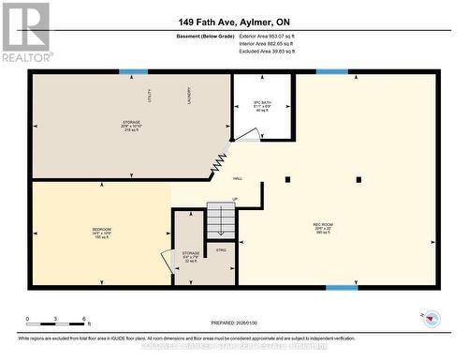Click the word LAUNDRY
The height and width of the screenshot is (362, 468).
coord(188,95)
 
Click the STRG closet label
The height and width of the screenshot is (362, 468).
coord(222,249)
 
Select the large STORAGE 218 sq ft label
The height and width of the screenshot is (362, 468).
coord(131,126)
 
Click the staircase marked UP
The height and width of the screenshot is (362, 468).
coord(221,219)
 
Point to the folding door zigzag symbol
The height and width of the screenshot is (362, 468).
coord(220,162)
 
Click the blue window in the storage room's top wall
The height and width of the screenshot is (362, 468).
coord(133,71)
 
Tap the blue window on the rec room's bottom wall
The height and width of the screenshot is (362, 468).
coord(341,287)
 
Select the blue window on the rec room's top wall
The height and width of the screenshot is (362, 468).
coord(331,71)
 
